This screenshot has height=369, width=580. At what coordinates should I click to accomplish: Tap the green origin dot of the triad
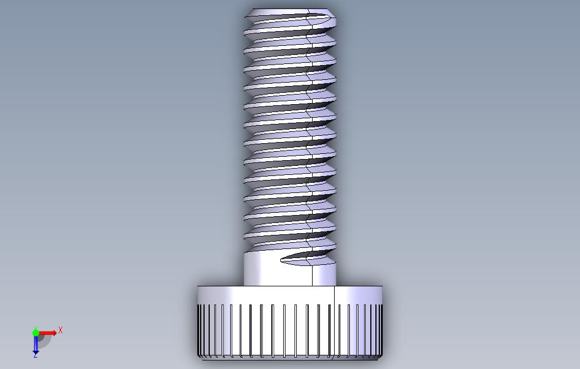click(36, 333)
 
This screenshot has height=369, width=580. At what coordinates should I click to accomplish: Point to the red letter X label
click(60, 330)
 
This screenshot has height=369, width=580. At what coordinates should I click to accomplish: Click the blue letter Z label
click(35, 355)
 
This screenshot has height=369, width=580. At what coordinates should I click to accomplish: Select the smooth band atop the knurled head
click(266, 295)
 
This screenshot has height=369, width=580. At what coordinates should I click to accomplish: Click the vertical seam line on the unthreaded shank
click(313, 274)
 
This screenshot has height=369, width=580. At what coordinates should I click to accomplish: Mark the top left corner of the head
click(198, 287)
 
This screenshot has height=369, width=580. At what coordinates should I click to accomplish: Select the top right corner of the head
click(382, 287)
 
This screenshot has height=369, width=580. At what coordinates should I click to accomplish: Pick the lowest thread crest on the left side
click(246, 233)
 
